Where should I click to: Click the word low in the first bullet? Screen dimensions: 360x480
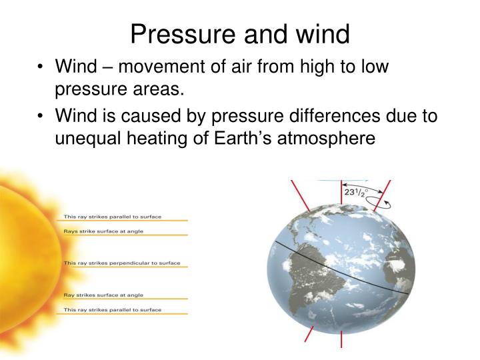coord(373,67)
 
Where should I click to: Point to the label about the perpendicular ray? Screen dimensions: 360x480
coord(121,263)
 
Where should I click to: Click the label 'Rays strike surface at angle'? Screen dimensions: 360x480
coord(103,231)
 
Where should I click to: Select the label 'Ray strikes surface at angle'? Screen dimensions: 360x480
coord(103,295)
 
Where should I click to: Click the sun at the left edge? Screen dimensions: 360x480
coord(23,253)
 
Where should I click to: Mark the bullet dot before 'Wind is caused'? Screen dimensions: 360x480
coord(41,117)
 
